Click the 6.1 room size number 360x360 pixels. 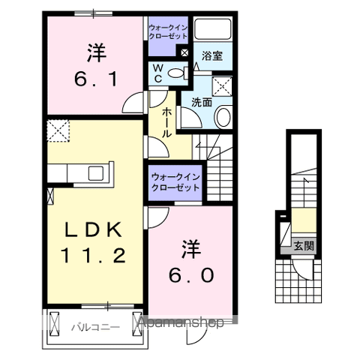[94, 77]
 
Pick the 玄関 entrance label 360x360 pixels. [304, 244]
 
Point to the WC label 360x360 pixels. [158, 73]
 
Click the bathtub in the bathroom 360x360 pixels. [215, 30]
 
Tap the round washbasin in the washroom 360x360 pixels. [223, 117]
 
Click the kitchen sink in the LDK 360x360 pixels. [97, 173]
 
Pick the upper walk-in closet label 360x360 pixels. [169, 33]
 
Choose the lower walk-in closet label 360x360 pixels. [175, 181]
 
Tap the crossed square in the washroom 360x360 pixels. [223, 84]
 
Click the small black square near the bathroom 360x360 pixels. [184, 52]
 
